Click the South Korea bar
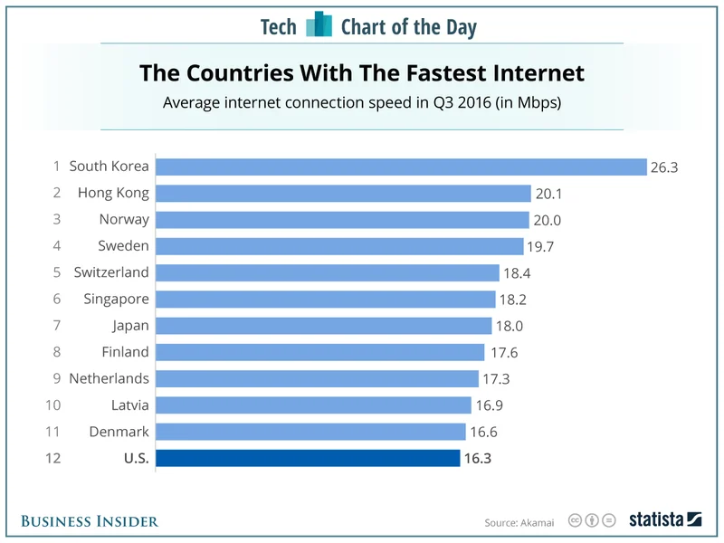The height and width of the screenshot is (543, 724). pyautogui.click(x=401, y=167)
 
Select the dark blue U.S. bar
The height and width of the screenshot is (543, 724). pyautogui.click(x=308, y=458)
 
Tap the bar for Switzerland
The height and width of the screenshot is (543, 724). pyautogui.click(x=328, y=272)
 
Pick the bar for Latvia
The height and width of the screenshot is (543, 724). pyautogui.click(x=313, y=405)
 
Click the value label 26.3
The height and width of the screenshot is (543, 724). pyautogui.click(x=662, y=167)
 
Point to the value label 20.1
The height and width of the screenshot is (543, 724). pyautogui.click(x=547, y=193)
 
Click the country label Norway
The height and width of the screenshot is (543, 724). pyautogui.click(x=124, y=220)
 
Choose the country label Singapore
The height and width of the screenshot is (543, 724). pyautogui.click(x=116, y=299)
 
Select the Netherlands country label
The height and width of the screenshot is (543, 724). pyautogui.click(x=109, y=378)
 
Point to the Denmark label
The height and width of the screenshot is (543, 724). pyautogui.click(x=119, y=432)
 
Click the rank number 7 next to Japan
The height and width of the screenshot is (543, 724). pyautogui.click(x=55, y=326)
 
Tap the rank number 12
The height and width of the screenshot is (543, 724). pyautogui.click(x=52, y=458)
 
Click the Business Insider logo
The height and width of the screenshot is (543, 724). pyautogui.click(x=90, y=520)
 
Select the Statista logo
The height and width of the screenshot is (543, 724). pyautogui.click(x=665, y=519)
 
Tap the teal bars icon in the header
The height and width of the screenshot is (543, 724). pyautogui.click(x=319, y=25)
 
